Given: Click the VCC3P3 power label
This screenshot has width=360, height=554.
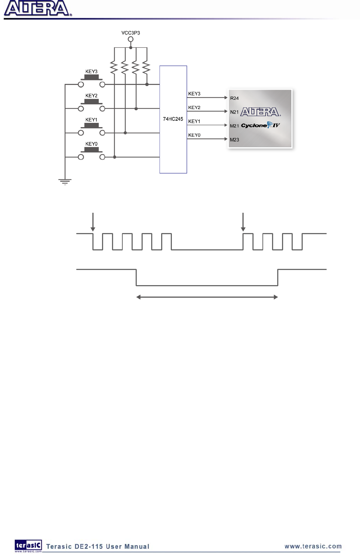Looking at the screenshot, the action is [x=130, y=33].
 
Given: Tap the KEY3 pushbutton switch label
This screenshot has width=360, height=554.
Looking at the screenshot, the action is [x=91, y=72].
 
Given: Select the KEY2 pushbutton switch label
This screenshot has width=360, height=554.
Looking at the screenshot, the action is [x=91, y=96].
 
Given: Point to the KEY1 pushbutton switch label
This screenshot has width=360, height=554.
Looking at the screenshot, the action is [x=91, y=120].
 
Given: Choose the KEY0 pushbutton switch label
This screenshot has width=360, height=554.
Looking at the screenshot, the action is [x=91, y=144].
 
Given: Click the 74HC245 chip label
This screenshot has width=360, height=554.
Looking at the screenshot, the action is [x=173, y=119].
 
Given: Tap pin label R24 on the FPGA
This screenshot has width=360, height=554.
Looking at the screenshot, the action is [x=234, y=98].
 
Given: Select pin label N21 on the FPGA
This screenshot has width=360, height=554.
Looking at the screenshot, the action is [x=234, y=112].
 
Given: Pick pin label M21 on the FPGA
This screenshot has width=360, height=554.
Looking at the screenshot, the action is [x=234, y=126].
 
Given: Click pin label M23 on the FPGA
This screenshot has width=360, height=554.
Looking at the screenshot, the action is [x=234, y=140].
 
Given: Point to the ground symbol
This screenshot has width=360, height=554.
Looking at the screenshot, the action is [x=65, y=181].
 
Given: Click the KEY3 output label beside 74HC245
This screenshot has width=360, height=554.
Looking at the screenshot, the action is [x=194, y=94].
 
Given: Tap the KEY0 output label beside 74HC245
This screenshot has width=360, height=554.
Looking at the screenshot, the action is [x=194, y=135].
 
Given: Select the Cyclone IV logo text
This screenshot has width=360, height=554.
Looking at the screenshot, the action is [x=260, y=126].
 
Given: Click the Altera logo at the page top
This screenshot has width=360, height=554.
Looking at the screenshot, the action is [x=37, y=9].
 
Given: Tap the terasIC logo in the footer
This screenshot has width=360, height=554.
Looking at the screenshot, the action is [x=28, y=545].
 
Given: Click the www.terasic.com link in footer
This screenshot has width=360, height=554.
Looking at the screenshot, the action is [x=313, y=546].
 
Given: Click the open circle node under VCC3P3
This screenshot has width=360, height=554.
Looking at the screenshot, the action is [x=130, y=40].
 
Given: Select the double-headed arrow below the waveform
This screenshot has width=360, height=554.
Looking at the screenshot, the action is [x=207, y=297].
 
